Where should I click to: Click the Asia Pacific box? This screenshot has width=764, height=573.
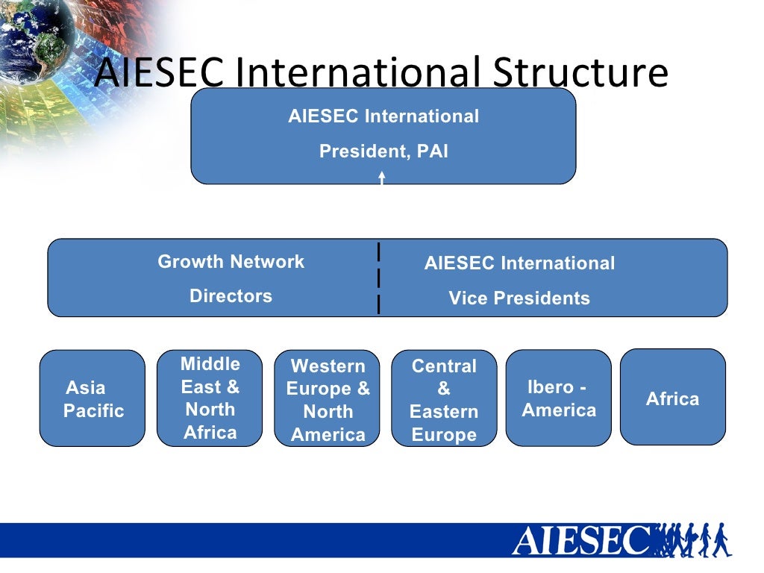coord(92,398)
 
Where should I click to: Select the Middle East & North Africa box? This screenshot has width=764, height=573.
coord(210,398)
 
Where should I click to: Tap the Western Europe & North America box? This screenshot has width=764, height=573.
coord(328,399)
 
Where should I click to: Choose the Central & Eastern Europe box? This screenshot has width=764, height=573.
coord(444,399)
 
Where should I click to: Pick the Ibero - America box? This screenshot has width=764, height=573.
coord(558,398)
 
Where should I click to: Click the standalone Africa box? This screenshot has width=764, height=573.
coord(672,398)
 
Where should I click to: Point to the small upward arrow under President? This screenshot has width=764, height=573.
coord(381,178)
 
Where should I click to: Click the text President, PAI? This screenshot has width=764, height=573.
coord(383,151)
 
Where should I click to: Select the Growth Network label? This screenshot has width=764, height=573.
coord(231,262)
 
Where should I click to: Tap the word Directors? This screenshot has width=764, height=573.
coord(231,296)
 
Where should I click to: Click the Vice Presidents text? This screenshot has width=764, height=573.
coord(519,298)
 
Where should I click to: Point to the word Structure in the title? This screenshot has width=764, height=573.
coord(580,72)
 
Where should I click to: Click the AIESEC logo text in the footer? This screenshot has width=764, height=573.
coord(580,541)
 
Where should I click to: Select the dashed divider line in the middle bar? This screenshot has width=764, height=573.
coord(379,278)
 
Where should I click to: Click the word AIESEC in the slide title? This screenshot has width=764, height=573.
coord(160,72)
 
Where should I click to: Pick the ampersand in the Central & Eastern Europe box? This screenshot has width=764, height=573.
coord(444,389)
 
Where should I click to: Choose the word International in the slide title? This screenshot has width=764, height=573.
coord(363,72)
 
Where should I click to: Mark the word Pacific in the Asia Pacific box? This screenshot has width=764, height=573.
coord(93,411)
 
